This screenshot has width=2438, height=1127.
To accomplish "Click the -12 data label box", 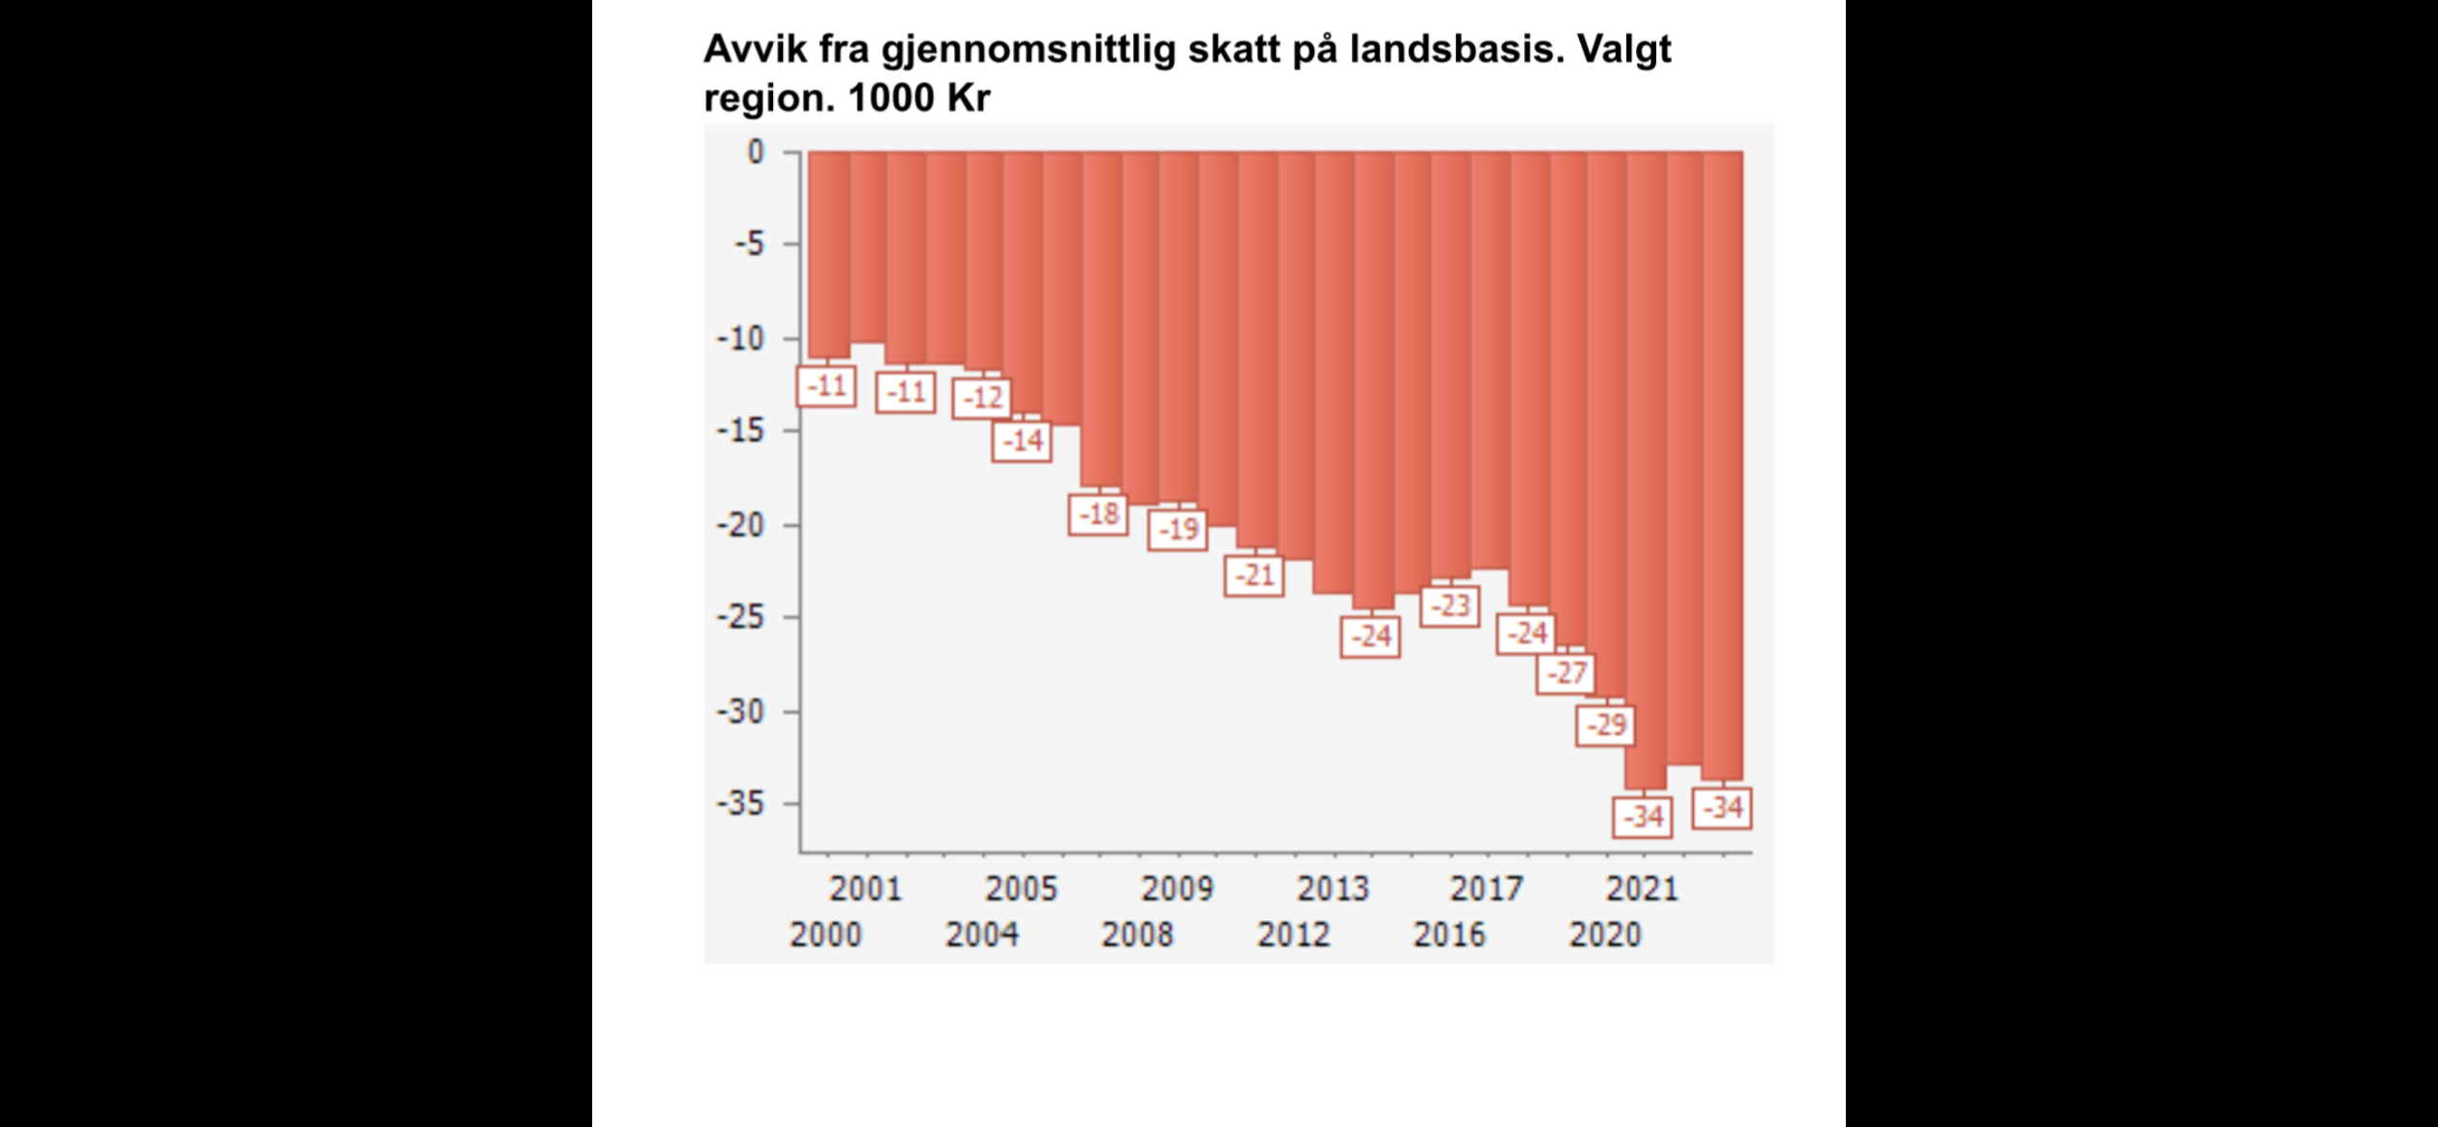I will [982, 398].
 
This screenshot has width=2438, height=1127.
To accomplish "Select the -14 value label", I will [1022, 441].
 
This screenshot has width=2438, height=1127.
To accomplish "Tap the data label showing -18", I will [1098, 514].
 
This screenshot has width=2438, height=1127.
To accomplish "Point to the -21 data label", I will [1254, 576].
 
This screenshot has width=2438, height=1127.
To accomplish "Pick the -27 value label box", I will [1566, 673].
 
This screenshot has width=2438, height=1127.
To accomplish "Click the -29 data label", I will [1605, 725].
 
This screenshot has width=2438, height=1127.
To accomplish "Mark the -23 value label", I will [1450, 606].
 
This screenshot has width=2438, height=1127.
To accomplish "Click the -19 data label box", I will [1177, 530].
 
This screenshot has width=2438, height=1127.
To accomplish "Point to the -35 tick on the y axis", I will [739, 803].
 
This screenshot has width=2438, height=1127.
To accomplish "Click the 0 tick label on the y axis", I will [756, 152].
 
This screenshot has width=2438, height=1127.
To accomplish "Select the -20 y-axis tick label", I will [739, 526].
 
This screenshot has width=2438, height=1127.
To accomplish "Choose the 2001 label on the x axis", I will [866, 888].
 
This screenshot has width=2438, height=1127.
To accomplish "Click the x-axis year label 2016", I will [1449, 934].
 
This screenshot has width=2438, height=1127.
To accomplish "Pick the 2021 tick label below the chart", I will [1642, 888].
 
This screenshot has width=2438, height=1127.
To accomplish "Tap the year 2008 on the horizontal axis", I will [1137, 934].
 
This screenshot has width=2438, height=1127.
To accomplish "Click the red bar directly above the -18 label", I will [1101, 318].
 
